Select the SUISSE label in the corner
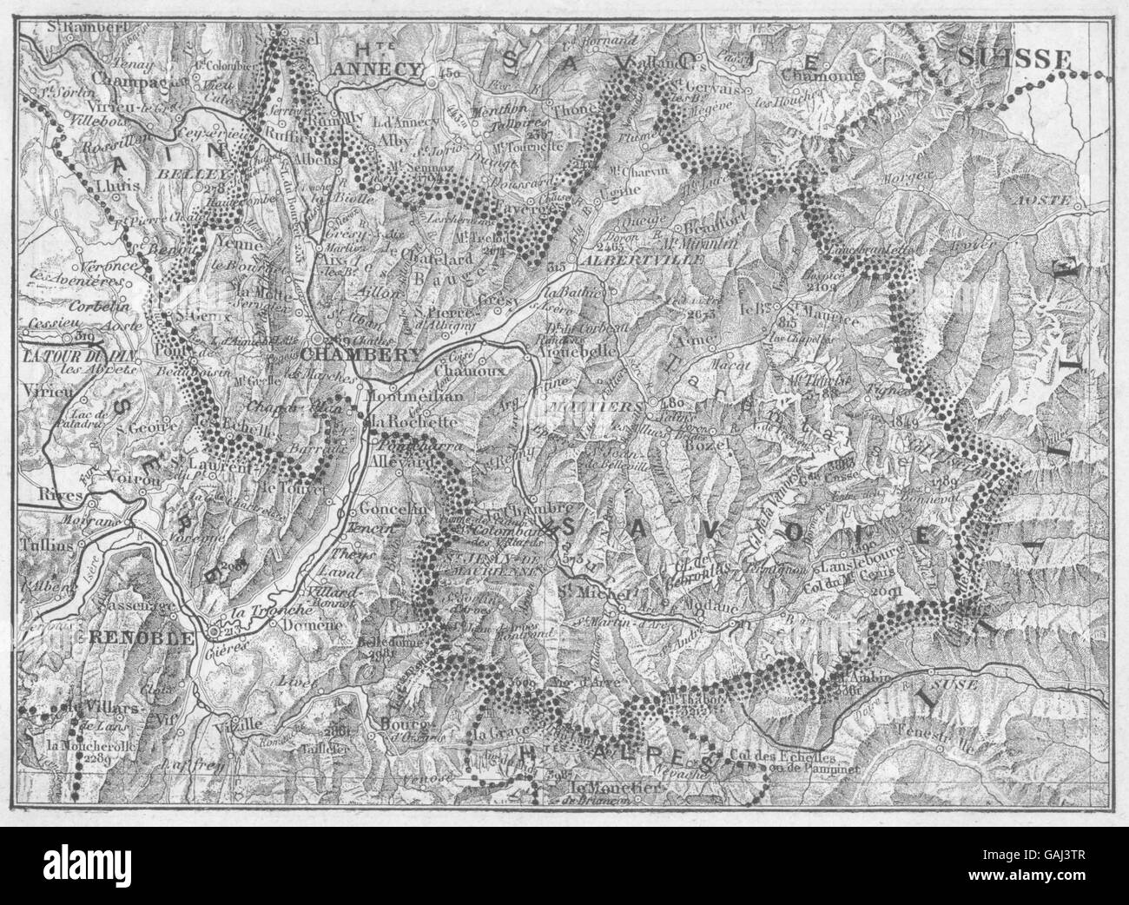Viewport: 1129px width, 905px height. (1014, 59)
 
